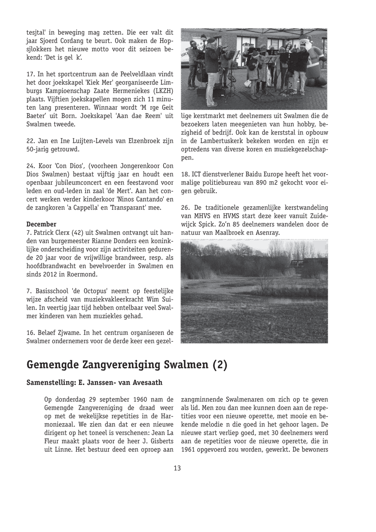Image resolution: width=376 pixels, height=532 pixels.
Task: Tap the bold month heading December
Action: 41,224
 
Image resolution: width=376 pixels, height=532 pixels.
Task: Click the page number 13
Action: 177,468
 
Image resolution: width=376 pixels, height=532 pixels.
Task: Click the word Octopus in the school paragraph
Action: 97,291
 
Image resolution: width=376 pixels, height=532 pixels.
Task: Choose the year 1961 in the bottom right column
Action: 188,449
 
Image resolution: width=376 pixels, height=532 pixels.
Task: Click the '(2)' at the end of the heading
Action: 220,365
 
